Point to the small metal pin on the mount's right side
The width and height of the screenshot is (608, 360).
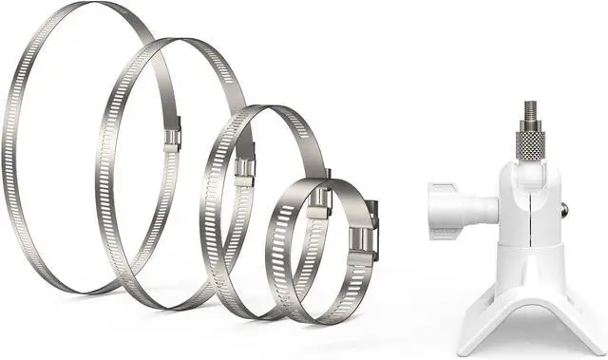tap(566, 207)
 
